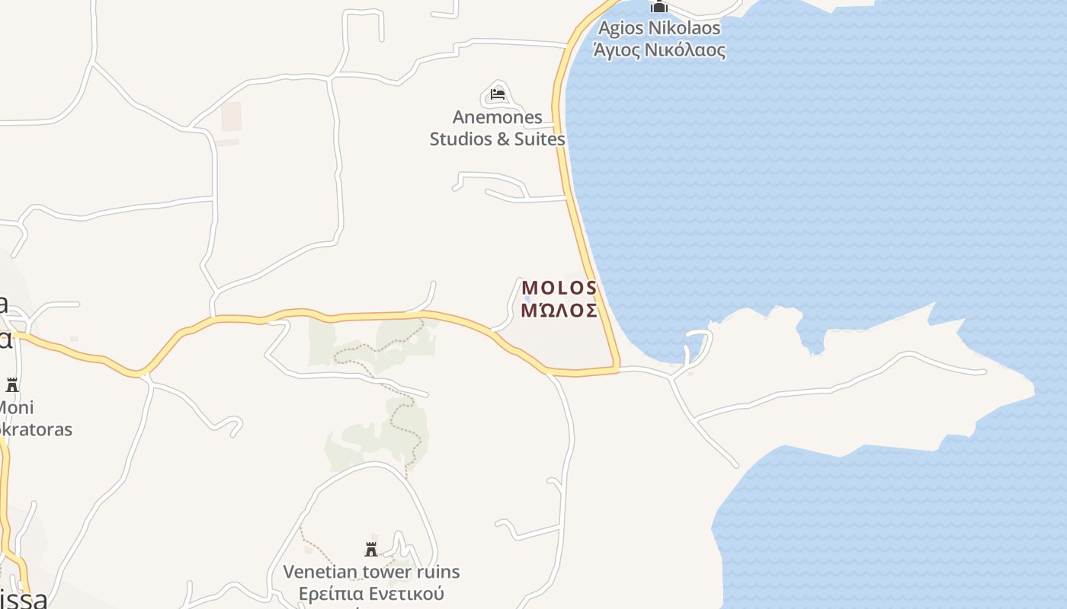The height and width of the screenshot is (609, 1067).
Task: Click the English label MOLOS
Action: tap(559, 288)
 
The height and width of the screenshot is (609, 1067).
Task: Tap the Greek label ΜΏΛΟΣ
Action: tap(559, 310)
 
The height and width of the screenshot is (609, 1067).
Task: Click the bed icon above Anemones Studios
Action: tap(498, 94)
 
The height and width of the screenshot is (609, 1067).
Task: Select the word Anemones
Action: tap(497, 117)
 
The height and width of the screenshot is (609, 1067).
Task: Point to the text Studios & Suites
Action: tap(497, 139)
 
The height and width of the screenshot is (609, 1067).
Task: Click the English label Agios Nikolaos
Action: tap(658, 28)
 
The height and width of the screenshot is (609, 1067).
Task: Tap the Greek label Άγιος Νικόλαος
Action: tap(658, 50)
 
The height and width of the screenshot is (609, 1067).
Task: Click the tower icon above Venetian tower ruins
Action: tap(371, 549)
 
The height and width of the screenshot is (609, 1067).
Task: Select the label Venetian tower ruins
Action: tap(371, 571)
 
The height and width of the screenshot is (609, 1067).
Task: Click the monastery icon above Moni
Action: tap(12, 384)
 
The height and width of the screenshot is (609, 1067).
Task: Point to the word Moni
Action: tap(15, 407)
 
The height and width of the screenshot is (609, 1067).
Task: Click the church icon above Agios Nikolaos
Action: tap(658, 7)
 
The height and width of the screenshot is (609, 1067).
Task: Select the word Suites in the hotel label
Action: tap(540, 139)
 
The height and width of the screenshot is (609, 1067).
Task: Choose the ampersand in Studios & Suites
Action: tap(501, 139)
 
